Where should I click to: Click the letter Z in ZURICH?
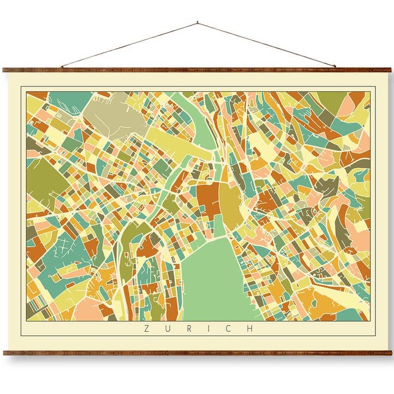click(146, 329)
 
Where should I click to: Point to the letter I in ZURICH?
click(208, 329)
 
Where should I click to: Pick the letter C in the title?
click(229, 329)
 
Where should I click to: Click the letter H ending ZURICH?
click(250, 329)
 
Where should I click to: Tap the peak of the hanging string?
click(197, 23)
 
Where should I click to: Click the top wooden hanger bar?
click(197, 70)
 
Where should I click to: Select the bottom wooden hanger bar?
click(197, 353)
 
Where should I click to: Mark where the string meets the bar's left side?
click(62, 67)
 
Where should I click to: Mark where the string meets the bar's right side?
click(335, 67)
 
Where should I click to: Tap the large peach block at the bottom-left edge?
click(88, 309)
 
